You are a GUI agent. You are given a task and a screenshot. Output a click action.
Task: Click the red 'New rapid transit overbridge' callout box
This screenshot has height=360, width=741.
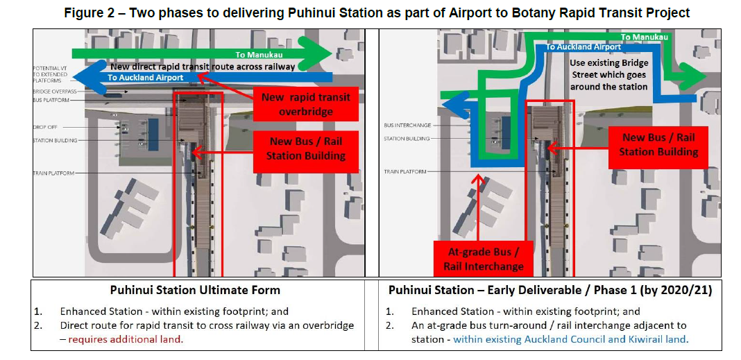(306, 104)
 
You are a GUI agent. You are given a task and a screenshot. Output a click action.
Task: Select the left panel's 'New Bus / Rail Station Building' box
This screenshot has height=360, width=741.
(306, 148)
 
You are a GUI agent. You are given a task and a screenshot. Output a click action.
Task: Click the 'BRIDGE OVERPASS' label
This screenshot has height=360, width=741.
(55, 92)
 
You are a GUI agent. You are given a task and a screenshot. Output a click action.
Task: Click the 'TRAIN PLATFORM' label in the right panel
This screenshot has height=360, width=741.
(406, 171)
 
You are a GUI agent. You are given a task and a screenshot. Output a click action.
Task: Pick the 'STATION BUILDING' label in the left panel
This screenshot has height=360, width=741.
(55, 141)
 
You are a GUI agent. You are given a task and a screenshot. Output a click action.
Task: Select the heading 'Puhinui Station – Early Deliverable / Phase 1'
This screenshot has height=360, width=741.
(550, 291)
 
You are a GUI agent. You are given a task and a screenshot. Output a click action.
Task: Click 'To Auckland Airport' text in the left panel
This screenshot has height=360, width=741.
(146, 78)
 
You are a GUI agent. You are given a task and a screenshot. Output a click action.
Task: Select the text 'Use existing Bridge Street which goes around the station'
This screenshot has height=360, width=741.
(608, 74)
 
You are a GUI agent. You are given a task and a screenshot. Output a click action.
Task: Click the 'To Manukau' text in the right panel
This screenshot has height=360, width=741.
(645, 37)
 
